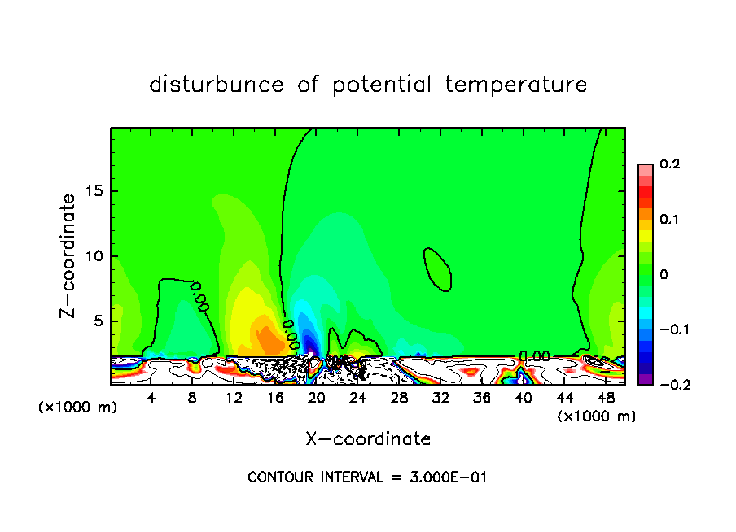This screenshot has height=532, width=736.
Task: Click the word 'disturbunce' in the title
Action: point(216,85)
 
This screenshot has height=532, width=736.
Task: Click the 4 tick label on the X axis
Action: point(151,398)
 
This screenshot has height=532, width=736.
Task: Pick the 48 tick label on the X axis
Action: point(605,398)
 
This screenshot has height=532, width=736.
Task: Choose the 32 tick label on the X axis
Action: point(440,398)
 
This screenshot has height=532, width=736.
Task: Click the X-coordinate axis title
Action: point(368,439)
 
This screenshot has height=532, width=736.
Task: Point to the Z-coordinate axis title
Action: point(68,255)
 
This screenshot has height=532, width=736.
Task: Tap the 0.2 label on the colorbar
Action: point(669,164)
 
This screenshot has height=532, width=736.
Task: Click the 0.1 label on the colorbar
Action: point(669,220)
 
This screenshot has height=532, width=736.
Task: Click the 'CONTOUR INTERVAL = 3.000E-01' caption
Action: point(367,477)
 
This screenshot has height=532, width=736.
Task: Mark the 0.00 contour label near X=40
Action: point(535,355)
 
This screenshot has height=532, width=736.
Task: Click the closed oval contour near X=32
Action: point(437,268)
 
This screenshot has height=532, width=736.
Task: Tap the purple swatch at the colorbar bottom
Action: point(646,379)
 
